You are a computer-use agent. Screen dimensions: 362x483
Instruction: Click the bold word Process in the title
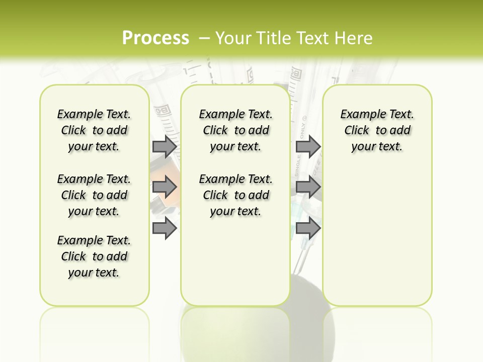coord(155,38)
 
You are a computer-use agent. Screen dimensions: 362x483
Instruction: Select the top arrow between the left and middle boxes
coord(165,147)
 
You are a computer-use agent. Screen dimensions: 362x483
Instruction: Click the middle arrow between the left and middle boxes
coord(165,188)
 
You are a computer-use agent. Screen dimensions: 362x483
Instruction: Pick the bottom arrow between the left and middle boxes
coord(165,228)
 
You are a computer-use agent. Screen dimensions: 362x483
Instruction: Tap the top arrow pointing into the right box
coord(308,147)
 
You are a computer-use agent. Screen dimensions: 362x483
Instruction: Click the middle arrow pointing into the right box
coord(308,188)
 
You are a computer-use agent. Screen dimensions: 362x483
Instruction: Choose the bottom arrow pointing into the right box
coord(308,228)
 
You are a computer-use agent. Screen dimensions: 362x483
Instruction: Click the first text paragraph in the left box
coord(94,130)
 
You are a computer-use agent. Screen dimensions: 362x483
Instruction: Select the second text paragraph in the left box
coord(94,195)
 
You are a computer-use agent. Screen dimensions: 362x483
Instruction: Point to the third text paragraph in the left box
coord(94,256)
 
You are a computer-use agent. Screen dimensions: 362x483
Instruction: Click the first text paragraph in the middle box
coord(235,130)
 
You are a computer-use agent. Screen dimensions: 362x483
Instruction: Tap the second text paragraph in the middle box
coord(235,195)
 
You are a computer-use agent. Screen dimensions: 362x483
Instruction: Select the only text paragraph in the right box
coord(377,130)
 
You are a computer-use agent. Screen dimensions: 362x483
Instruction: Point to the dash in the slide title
coord(204,38)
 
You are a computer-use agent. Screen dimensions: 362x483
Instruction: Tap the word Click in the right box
coord(357,131)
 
